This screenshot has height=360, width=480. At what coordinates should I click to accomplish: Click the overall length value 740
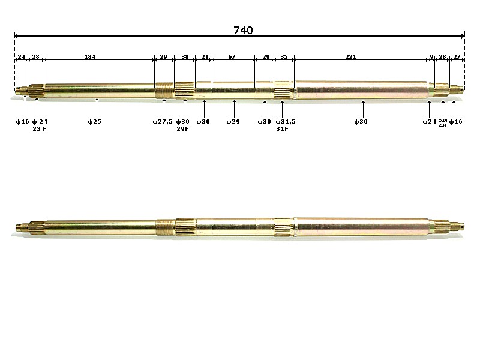coord(243,30)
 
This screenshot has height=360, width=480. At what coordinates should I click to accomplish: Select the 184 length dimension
coord(89,57)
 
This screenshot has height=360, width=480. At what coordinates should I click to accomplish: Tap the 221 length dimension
coord(350,57)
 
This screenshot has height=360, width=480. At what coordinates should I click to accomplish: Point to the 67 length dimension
coord(232,57)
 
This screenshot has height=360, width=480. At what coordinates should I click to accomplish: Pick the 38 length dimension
coord(185,57)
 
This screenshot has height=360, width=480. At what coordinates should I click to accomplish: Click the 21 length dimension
coord(205,57)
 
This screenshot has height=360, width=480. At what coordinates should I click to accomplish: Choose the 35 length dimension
coord(284,57)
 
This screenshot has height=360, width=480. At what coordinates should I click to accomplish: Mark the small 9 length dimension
coord(431,57)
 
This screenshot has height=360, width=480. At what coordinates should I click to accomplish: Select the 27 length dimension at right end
coord(457,57)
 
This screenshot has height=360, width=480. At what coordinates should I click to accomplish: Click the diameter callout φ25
coord(97,122)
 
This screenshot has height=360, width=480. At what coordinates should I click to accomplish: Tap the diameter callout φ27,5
coord(163,122)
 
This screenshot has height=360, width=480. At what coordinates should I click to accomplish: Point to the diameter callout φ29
coord(233,122)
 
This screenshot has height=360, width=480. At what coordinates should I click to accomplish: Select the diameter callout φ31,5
coord(285,122)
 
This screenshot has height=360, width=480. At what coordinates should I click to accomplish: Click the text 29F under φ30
coord(183,128)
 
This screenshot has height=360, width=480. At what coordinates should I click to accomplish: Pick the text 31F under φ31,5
coord(282,128)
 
